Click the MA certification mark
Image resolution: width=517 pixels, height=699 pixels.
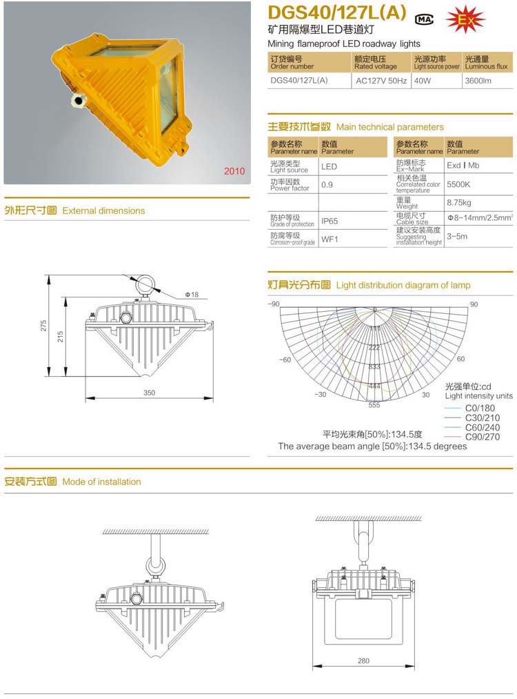click(425, 19)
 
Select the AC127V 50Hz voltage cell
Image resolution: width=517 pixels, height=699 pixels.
click(381, 80)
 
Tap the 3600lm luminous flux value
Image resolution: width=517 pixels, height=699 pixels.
click(478, 80)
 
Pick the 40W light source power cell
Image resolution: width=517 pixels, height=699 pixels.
click(422, 80)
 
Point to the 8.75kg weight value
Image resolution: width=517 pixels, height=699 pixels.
click(458, 203)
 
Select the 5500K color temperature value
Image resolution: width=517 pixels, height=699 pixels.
click(458, 185)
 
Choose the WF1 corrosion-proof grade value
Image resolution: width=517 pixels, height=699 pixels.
click(329, 239)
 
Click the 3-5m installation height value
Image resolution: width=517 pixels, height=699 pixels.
click(457, 236)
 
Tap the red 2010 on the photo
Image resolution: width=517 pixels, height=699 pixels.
click(235, 171)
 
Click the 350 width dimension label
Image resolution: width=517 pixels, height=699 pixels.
click(150, 393)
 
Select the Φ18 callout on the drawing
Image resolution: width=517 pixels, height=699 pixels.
click(191, 295)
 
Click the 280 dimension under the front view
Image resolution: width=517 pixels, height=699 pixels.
click(363, 661)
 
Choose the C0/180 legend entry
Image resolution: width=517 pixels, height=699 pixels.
click(480, 408)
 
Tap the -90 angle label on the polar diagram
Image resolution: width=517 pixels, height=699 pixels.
click(274, 304)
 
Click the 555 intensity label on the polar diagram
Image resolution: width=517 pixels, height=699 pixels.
click(374, 405)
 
